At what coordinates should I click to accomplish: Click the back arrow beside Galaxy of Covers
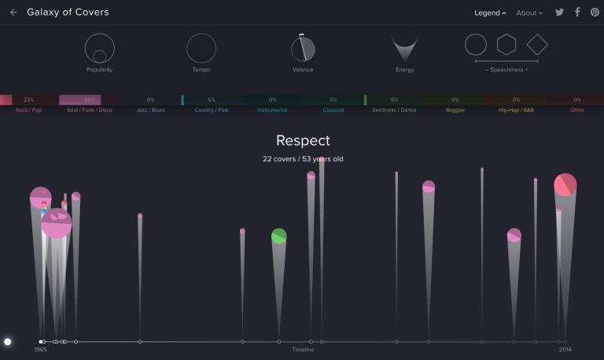(13, 13)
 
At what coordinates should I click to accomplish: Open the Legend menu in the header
(490, 13)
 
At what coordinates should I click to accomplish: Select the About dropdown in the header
(528, 13)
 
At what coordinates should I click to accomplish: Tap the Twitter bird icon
(560, 13)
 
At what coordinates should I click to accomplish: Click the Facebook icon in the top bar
(577, 13)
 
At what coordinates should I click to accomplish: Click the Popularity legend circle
(100, 49)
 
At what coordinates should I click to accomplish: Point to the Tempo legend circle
(201, 49)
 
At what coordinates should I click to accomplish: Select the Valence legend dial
(303, 49)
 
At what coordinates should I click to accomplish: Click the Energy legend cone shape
(404, 49)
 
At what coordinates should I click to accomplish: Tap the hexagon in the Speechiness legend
(506, 45)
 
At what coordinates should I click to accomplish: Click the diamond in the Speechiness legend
(537, 44)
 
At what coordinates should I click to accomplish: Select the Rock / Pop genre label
(28, 110)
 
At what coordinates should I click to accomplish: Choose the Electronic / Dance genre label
(394, 110)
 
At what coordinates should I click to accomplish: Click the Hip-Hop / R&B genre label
(516, 110)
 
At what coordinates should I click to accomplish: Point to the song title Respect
(303, 141)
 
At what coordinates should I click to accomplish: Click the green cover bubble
(279, 236)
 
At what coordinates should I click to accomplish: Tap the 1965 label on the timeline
(41, 350)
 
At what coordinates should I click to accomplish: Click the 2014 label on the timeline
(565, 350)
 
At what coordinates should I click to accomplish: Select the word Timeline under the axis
(303, 350)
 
